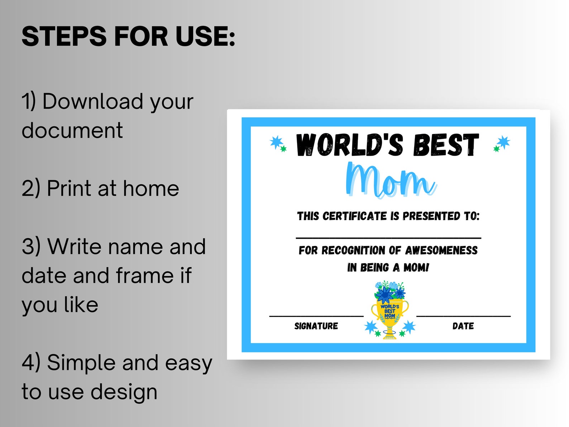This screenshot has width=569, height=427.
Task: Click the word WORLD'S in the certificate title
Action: (x=349, y=145)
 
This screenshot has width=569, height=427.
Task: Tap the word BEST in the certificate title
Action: (x=446, y=145)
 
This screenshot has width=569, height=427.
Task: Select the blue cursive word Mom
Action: (x=391, y=180)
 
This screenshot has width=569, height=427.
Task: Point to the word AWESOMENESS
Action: (x=441, y=250)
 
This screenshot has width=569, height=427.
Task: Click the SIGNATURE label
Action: (x=316, y=326)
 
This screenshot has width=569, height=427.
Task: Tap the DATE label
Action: (x=463, y=326)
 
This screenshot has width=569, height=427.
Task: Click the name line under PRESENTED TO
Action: (x=388, y=238)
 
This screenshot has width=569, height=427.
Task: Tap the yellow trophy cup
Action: (x=389, y=315)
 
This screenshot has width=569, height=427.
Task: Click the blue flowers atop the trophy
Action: (x=389, y=291)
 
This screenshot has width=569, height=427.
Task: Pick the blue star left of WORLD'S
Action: (x=276, y=142)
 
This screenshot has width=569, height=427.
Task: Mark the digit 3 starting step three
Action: (x=28, y=247)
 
